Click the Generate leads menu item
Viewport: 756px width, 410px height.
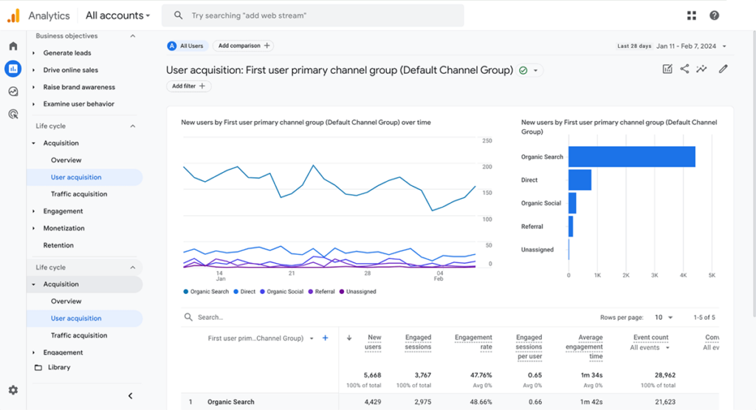click(x=67, y=53)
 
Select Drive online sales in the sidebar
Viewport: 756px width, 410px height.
click(x=70, y=70)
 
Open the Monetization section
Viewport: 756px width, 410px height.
click(x=63, y=228)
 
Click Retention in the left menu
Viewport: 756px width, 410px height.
click(x=58, y=245)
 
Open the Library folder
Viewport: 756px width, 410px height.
click(x=58, y=367)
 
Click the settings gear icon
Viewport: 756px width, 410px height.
click(x=13, y=390)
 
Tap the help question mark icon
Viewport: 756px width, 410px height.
click(x=714, y=16)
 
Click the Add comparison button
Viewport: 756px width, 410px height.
click(x=243, y=46)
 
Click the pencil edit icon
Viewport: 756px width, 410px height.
click(x=723, y=69)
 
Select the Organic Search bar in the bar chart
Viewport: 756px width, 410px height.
click(x=631, y=157)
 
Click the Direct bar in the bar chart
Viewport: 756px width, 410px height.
click(x=580, y=180)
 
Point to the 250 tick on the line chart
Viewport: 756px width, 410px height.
click(x=487, y=140)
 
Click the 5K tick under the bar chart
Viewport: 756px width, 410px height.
click(x=712, y=275)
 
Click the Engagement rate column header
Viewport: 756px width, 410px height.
click(x=473, y=342)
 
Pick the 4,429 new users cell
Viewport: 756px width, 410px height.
click(x=373, y=402)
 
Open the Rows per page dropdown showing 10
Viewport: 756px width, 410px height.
click(x=663, y=318)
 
